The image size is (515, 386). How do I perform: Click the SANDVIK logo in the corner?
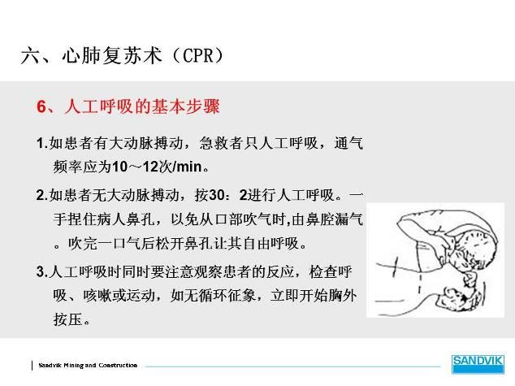click(x=478, y=364)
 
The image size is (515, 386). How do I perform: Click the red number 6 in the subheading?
click(x=41, y=106)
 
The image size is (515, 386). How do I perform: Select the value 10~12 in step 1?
click(x=135, y=167)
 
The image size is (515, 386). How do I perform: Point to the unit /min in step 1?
click(x=187, y=167)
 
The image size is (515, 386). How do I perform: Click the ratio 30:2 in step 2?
click(x=227, y=195)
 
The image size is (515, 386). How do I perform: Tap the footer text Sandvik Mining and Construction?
click(x=88, y=365)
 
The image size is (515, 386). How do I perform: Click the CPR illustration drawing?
click(x=435, y=260)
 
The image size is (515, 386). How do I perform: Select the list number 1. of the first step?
click(x=42, y=143)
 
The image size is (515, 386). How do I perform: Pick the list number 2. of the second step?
click(x=42, y=195)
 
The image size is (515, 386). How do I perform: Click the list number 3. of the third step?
click(x=42, y=271)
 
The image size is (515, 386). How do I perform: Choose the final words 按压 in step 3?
click(x=67, y=319)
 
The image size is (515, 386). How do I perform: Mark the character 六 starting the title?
click(x=30, y=55)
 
